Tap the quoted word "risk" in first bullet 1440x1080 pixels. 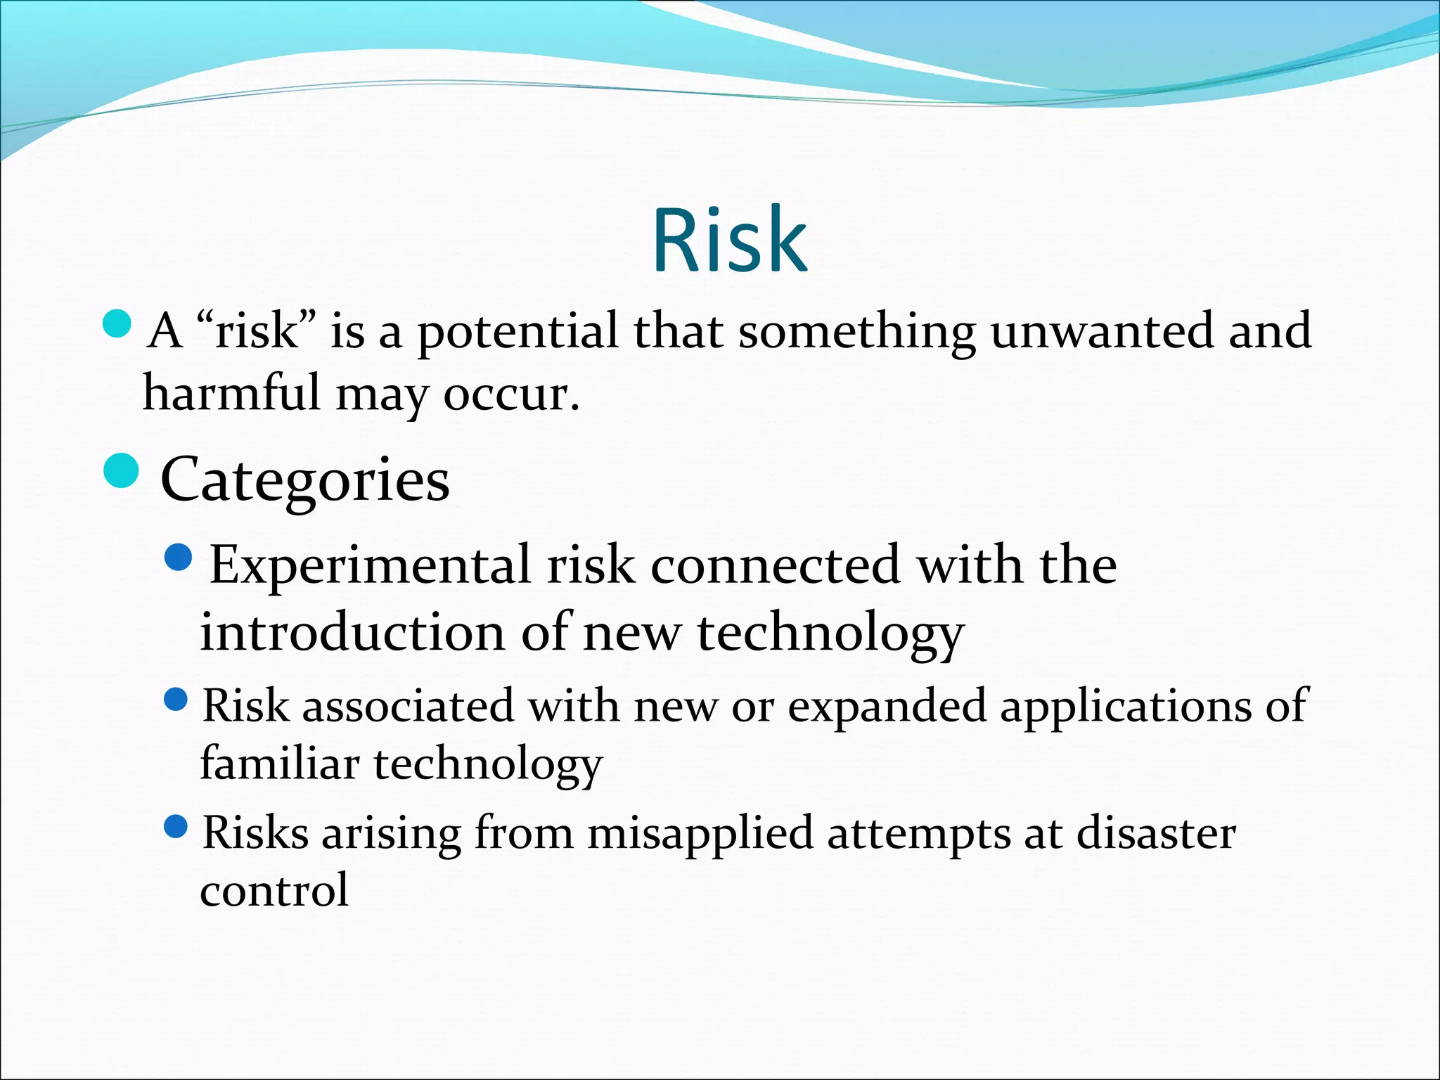(257, 331)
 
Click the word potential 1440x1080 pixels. (517, 333)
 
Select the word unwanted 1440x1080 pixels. (1101, 331)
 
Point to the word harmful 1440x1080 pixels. (231, 393)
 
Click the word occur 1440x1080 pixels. (510, 396)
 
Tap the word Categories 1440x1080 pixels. (304, 481)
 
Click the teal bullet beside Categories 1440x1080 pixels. (121, 470)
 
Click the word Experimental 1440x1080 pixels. (370, 566)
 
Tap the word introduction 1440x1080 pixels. (352, 632)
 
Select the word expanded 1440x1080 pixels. (887, 706)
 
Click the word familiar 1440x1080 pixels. (279, 764)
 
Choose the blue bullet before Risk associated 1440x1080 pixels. (176, 698)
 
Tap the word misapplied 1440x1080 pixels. (700, 835)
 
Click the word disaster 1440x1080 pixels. (1155, 833)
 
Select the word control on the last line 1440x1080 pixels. (274, 890)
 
